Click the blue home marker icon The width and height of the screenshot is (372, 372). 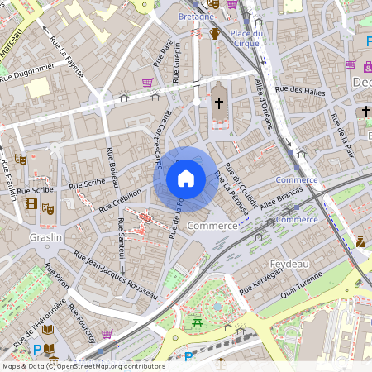click(186, 179)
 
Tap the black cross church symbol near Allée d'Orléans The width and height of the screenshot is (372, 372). click(219, 103)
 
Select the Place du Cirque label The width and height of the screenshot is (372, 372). click(246, 38)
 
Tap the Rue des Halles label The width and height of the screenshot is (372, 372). click(300, 90)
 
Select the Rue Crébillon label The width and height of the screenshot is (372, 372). click(120, 199)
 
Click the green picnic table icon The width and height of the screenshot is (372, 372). click(197, 323)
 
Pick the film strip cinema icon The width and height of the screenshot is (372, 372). click(31, 204)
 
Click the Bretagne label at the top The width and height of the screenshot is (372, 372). click(196, 17)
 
